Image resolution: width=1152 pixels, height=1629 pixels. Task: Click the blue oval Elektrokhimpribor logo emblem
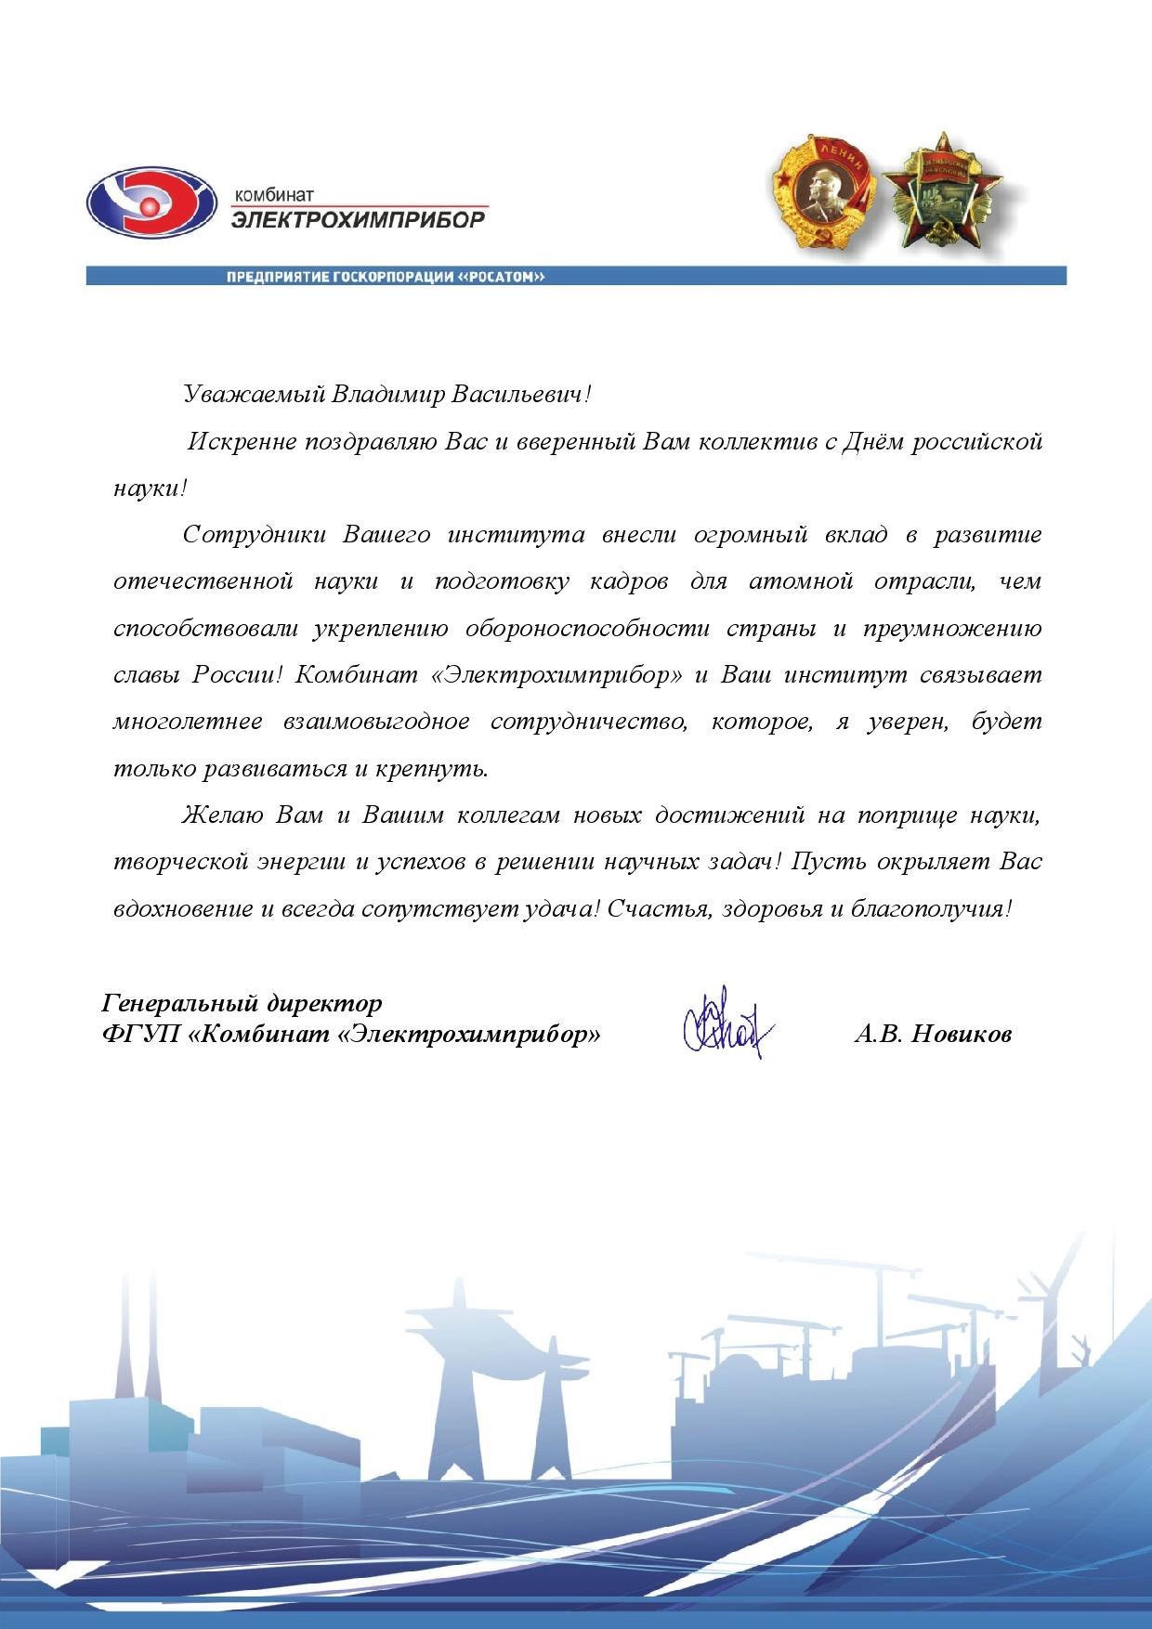coord(150,205)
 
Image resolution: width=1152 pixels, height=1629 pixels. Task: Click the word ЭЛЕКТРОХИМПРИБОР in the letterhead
coord(358,220)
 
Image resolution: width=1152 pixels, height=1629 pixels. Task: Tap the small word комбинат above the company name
coord(274,196)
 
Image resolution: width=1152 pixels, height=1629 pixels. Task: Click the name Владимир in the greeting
coord(386,394)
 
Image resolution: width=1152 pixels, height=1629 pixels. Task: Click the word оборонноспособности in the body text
coord(584,629)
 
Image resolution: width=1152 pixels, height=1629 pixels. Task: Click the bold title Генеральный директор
coord(242,1004)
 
